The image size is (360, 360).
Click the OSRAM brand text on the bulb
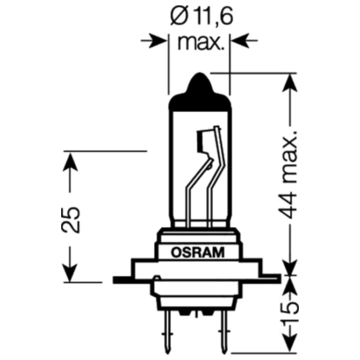pos(198,252)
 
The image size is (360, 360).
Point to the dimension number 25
pos(71,220)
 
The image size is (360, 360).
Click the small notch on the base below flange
pos(157,278)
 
